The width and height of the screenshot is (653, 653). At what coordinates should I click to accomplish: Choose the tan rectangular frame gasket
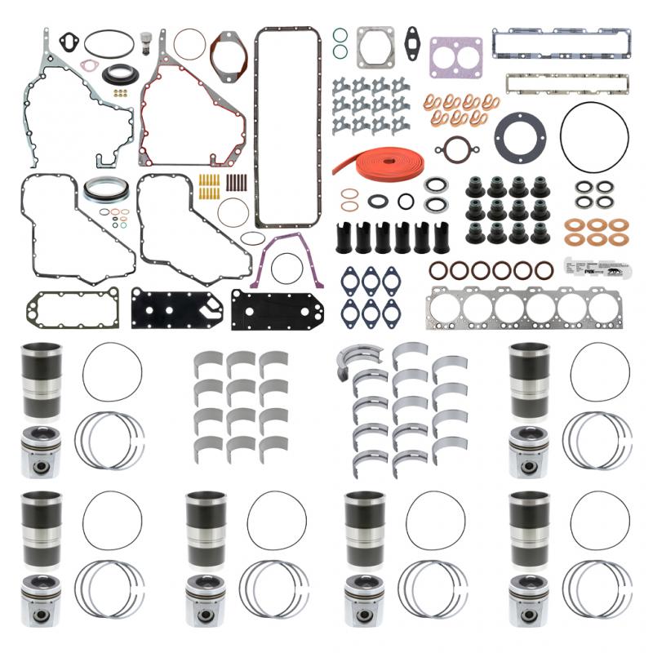coord(566,83)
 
